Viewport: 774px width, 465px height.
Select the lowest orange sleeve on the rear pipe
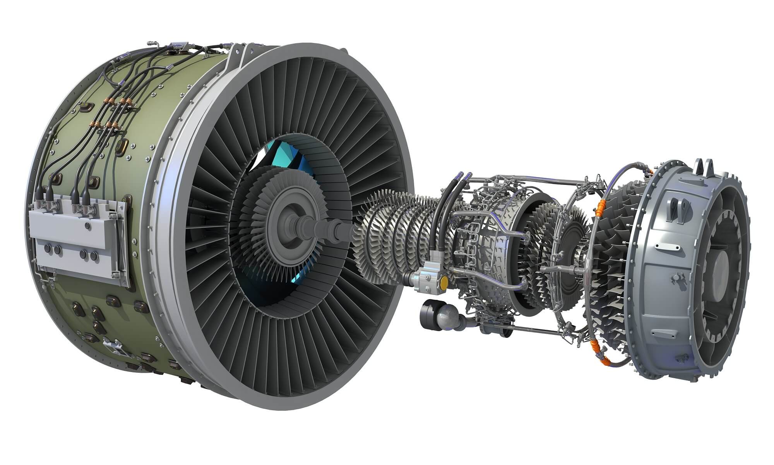(608, 360)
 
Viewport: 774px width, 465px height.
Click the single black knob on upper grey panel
(87, 226)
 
